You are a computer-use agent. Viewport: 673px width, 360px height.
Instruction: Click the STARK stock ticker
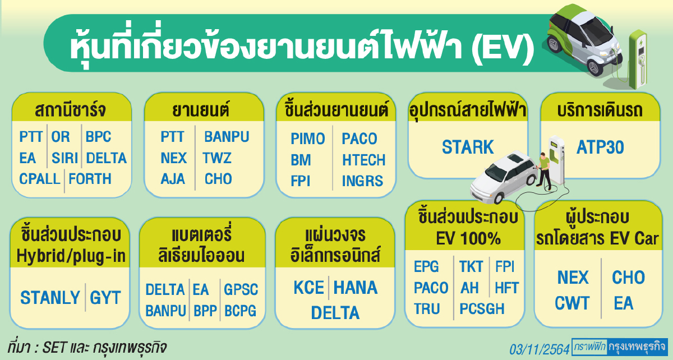click(468, 147)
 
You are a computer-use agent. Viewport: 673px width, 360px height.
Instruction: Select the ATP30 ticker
click(601, 147)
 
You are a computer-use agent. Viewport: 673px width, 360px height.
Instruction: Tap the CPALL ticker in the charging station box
click(40, 179)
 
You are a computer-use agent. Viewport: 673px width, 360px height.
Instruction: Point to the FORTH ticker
click(90, 179)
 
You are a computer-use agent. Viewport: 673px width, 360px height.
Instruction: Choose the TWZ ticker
click(218, 158)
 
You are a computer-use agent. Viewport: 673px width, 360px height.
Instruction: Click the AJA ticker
click(173, 179)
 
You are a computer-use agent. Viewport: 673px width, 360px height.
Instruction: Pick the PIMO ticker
click(308, 139)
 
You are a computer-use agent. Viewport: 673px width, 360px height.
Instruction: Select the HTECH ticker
click(363, 160)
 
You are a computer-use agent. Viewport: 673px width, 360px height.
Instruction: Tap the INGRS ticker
click(362, 181)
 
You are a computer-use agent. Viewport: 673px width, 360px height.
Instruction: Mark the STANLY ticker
click(50, 297)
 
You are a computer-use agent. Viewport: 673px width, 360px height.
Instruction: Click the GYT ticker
click(105, 297)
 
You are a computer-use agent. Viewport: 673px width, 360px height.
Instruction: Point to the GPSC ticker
click(241, 289)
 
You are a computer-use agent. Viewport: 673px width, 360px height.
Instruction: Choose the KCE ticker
click(309, 288)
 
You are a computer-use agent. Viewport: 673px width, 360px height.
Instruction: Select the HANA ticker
click(356, 288)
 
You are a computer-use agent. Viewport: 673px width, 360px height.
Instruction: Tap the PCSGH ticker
click(482, 309)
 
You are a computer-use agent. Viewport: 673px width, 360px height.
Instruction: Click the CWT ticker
click(572, 303)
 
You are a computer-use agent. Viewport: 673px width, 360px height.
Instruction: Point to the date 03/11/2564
click(539, 349)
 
